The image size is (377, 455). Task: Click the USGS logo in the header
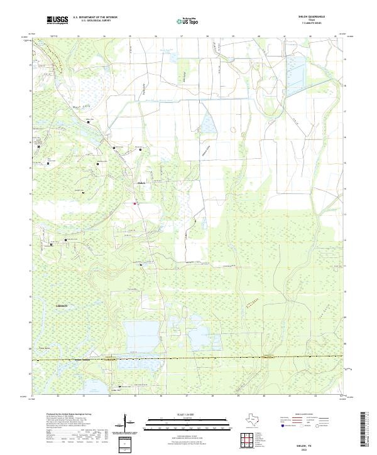tap(57, 21)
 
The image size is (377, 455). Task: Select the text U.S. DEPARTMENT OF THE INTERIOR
tap(95, 18)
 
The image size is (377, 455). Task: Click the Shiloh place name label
tap(141, 183)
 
